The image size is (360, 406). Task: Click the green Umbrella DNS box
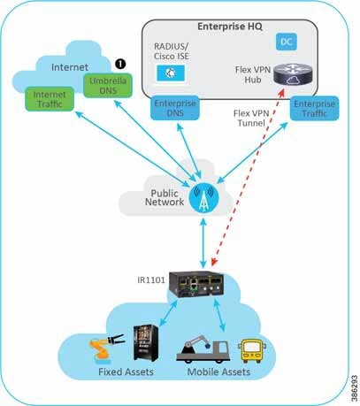click(x=108, y=86)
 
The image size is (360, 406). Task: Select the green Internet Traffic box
click(x=50, y=99)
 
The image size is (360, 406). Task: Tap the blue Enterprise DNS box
click(x=175, y=108)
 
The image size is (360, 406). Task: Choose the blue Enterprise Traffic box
click(x=314, y=109)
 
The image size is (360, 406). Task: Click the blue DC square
click(x=287, y=42)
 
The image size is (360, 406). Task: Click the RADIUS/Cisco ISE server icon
click(x=171, y=73)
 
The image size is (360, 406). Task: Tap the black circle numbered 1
click(x=120, y=64)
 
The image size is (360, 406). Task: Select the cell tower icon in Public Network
click(x=203, y=198)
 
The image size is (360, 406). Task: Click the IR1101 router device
click(x=195, y=285)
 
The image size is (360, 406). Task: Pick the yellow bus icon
click(x=251, y=350)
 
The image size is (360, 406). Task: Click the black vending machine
click(x=146, y=343)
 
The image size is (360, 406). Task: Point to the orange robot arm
click(x=106, y=348)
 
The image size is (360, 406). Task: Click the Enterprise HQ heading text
click(x=230, y=27)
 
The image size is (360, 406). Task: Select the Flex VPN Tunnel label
click(x=251, y=118)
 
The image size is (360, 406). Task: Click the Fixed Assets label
click(x=126, y=372)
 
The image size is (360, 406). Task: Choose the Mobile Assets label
click(x=218, y=372)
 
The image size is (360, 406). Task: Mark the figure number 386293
click(x=355, y=388)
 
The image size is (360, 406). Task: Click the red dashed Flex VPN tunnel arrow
click(x=248, y=177)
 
